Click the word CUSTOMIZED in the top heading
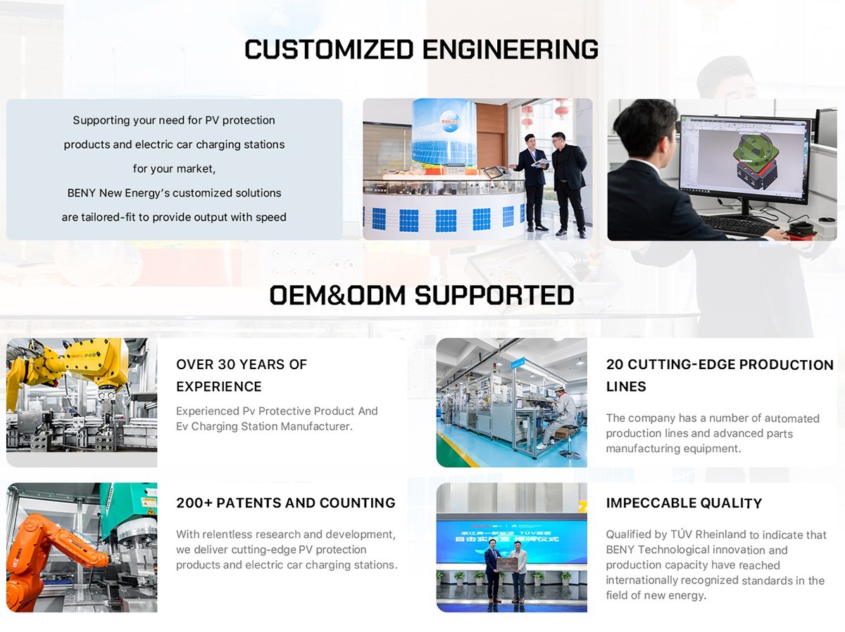[329, 49]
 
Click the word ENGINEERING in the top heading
[510, 49]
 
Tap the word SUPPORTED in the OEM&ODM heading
[494, 295]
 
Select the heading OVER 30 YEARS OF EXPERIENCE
[242, 375]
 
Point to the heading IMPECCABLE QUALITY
[684, 503]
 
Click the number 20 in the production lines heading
[615, 364]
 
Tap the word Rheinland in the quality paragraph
[720, 534]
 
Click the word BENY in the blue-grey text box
[81, 192]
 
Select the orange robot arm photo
[82, 547]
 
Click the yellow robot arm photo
[82, 402]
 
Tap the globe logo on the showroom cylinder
[450, 120]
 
